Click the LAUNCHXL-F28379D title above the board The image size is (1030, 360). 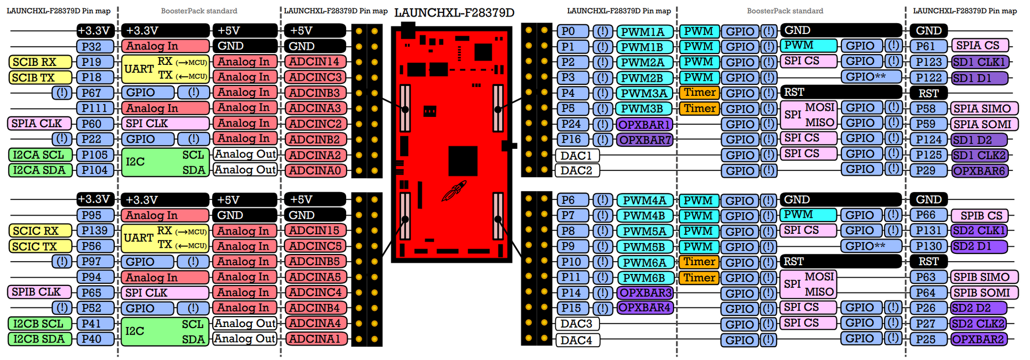point(454,13)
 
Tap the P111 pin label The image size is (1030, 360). point(95,108)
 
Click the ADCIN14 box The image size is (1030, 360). point(315,62)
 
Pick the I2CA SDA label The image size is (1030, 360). point(40,170)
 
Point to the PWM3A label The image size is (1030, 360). point(644,93)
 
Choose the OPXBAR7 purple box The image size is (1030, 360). point(645,140)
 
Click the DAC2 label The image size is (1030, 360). point(576,170)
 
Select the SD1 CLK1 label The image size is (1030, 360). point(979,62)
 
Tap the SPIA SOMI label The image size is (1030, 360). point(984,124)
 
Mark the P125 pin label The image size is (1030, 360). point(929,155)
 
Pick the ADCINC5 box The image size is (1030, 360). point(315,246)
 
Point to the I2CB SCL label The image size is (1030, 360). point(40,323)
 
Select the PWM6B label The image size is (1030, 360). point(644,278)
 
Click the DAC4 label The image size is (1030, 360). point(576,340)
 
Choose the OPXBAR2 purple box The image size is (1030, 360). point(978,339)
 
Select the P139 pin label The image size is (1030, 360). point(95,231)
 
